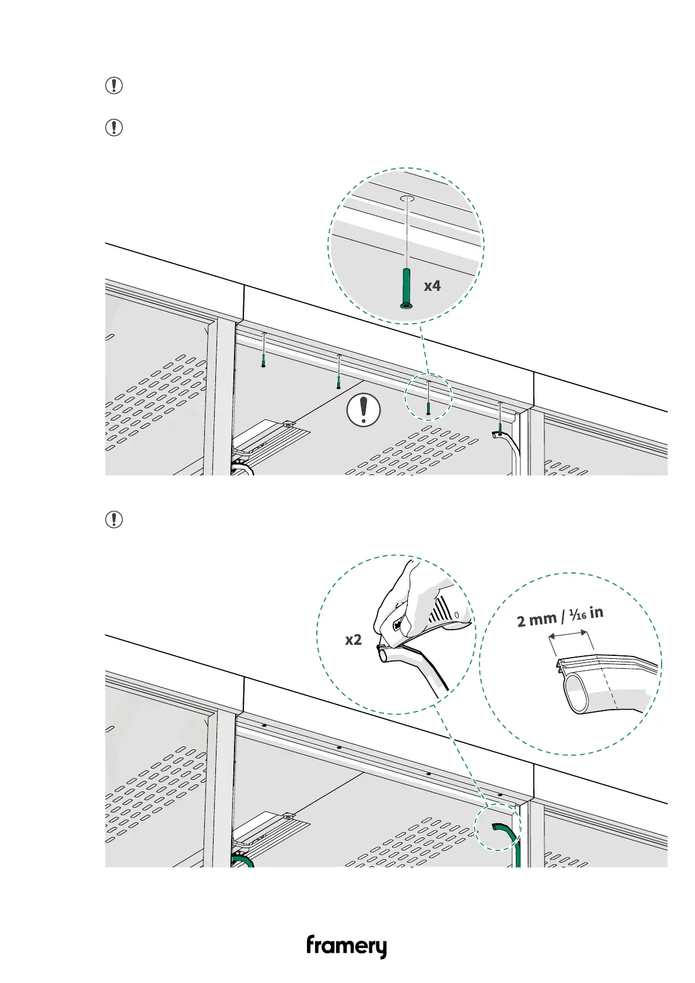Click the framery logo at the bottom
[x=346, y=946]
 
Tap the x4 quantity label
[x=432, y=286]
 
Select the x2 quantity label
[x=353, y=640]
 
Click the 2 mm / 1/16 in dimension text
[x=560, y=617]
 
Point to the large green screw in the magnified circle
[x=407, y=287]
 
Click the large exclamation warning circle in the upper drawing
[x=364, y=410]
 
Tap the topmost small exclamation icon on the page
[x=114, y=86]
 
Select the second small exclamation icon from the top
[x=114, y=127]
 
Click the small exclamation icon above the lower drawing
[x=114, y=519]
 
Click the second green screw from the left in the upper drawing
[x=338, y=381]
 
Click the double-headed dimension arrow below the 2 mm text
[x=571, y=641]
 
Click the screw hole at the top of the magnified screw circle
[x=407, y=200]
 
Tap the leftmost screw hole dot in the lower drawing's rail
[x=264, y=725]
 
